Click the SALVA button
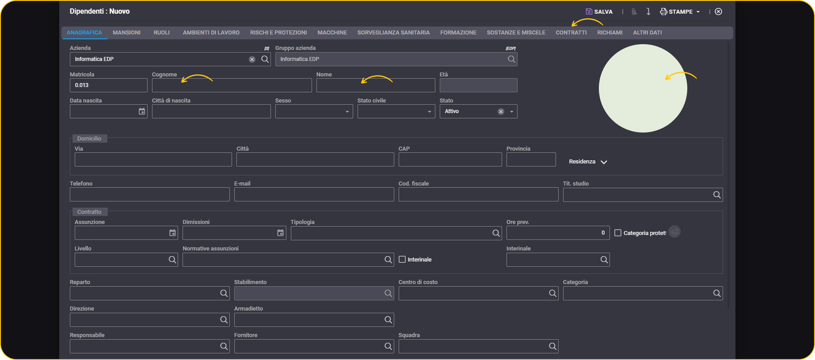point(599,11)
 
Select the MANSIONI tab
point(126,33)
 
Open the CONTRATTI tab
point(571,33)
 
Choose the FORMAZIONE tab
point(458,33)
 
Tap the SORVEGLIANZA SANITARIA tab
point(393,33)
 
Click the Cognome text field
point(232,85)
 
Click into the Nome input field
point(376,85)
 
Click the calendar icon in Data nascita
point(142,111)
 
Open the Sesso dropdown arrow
point(347,112)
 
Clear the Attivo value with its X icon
point(501,111)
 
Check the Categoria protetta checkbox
point(618,233)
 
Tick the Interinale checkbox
point(402,259)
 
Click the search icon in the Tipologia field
point(496,233)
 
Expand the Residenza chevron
point(604,162)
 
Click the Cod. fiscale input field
point(478,194)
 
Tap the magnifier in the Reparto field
point(224,293)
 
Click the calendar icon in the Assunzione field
point(172,233)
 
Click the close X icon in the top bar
point(719,11)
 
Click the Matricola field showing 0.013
point(108,85)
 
